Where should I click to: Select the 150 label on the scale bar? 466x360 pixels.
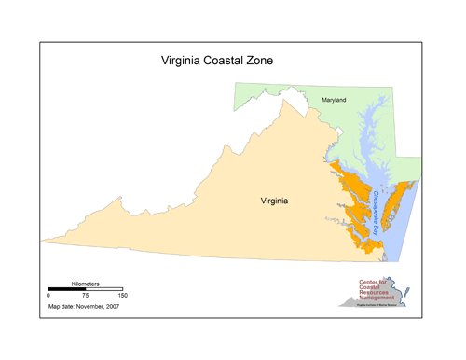tap(121, 295)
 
